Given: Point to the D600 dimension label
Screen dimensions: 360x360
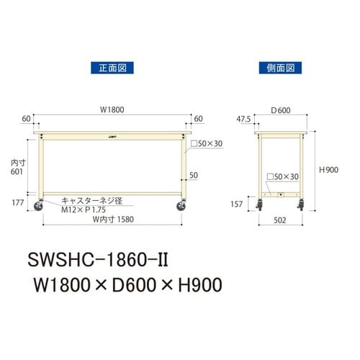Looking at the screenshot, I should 281,110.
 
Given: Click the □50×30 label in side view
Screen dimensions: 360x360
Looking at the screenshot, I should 284,175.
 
